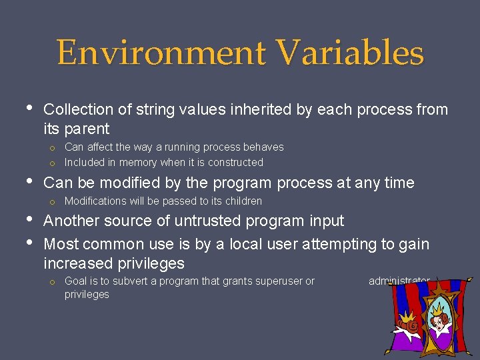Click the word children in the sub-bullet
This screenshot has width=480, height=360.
click(x=241, y=201)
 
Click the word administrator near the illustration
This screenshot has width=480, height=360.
click(x=399, y=281)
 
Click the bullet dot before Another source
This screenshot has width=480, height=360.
click(x=28, y=220)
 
